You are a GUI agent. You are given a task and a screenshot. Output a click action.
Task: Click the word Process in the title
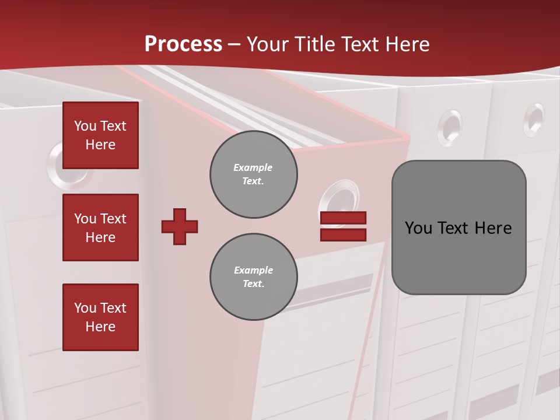point(183,44)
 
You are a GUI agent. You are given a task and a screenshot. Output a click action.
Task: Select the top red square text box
point(100,135)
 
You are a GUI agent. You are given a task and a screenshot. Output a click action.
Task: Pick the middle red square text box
point(100,228)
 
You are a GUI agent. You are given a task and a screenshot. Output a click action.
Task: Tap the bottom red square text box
point(100,317)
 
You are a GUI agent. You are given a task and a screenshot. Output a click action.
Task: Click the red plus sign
point(180,226)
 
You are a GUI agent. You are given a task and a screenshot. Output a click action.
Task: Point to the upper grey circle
point(253,174)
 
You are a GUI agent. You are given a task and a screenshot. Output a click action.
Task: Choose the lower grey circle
point(253,276)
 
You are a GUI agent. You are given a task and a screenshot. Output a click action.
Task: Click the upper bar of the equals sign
point(343,218)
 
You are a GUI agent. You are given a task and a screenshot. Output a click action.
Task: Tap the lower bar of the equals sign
point(343,235)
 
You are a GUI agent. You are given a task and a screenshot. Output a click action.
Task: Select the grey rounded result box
point(459,227)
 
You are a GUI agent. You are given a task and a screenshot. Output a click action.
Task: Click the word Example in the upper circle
point(253,167)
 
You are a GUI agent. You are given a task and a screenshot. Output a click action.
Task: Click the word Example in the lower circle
point(253,270)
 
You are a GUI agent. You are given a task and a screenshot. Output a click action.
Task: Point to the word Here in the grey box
point(493,228)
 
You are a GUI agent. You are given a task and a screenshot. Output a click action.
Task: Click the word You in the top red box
point(85,126)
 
